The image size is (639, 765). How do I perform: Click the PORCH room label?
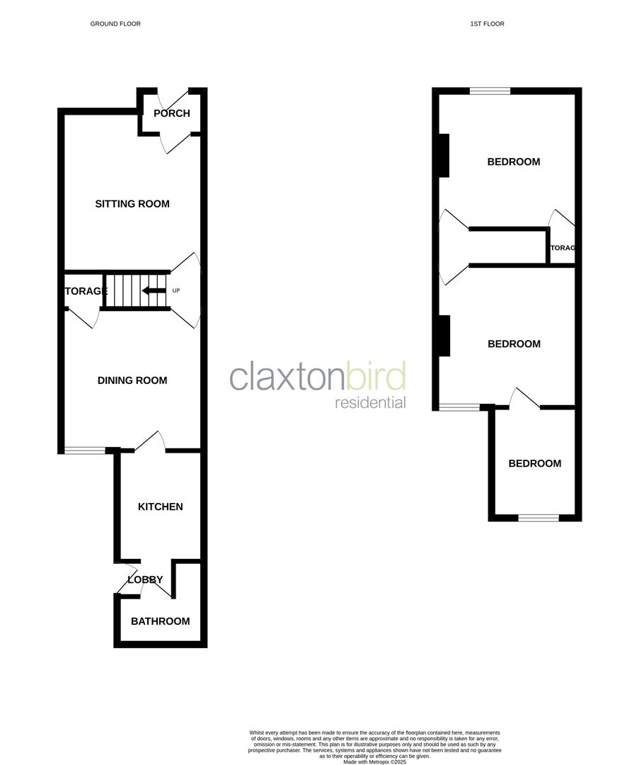[x=172, y=113]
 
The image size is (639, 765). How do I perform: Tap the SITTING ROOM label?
[x=132, y=204]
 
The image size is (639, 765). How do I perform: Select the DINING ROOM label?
[x=132, y=380]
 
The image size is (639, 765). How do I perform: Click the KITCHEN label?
[x=160, y=506]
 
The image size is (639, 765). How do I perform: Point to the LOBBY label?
[x=145, y=579]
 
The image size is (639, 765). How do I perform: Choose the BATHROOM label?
[x=160, y=621]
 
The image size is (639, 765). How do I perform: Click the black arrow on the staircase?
[x=153, y=290]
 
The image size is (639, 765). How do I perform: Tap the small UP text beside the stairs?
[x=176, y=290]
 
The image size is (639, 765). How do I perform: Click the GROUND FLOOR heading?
[x=115, y=24]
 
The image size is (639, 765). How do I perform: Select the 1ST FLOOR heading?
[x=487, y=24]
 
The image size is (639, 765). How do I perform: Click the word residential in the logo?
[x=370, y=403]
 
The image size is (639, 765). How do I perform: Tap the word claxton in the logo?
[x=287, y=377]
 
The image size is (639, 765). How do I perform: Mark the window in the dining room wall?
[x=85, y=450]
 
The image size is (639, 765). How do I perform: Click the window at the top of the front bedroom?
[x=490, y=91]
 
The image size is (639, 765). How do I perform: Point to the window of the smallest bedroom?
[x=539, y=518]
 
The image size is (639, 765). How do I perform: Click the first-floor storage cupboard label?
[x=563, y=248]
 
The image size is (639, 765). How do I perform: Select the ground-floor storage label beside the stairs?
[x=86, y=291]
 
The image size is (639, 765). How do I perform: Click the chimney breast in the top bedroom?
[x=444, y=155]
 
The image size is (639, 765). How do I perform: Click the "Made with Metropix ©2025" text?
[x=375, y=761]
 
